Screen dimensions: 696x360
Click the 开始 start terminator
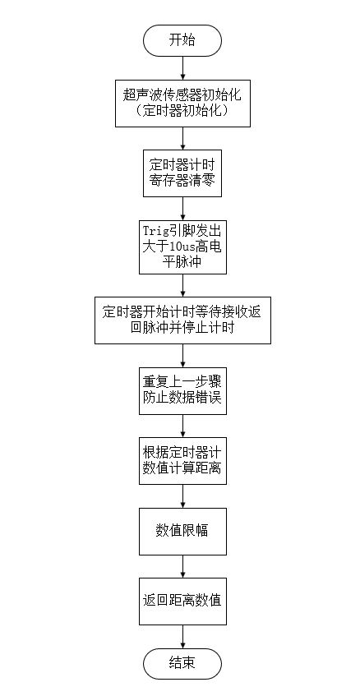click(182, 40)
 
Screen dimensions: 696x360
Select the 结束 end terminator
click(182, 663)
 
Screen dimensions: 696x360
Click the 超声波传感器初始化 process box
click(182, 102)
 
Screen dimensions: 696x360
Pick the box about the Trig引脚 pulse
click(182, 245)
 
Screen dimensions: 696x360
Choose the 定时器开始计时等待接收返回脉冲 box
click(182, 320)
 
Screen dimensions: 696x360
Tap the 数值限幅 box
click(182, 530)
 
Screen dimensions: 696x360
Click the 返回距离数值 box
click(182, 600)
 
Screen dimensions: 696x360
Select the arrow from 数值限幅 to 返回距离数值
click(182, 566)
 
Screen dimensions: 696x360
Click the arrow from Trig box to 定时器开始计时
click(182, 284)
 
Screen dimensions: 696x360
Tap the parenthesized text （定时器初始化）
click(182, 110)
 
